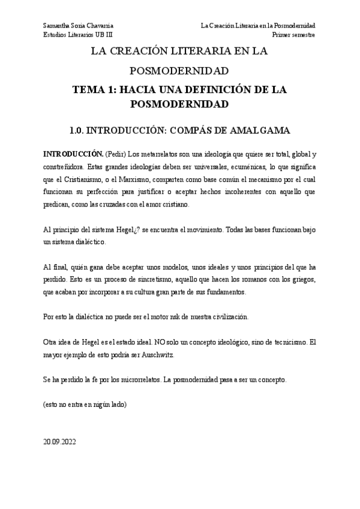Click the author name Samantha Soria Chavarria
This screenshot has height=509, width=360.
78,26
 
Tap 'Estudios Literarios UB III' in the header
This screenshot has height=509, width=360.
78,35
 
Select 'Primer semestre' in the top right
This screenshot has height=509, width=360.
293,35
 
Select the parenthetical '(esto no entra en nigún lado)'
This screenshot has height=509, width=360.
85,406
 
